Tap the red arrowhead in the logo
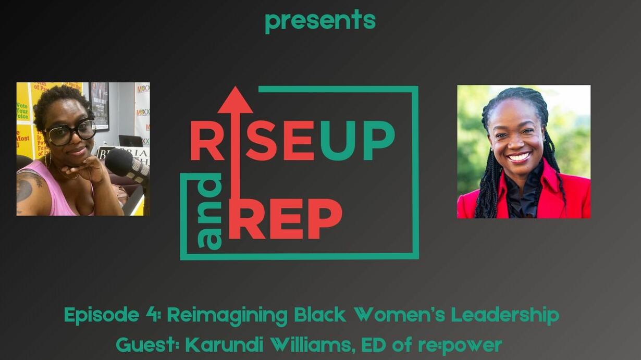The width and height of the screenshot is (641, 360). [x=235, y=100]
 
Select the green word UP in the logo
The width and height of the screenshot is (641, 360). [x=358, y=141]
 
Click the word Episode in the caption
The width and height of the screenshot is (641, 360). [x=102, y=315]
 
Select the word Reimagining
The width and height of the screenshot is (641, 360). [x=227, y=316]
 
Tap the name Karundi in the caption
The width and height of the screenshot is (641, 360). [x=225, y=345]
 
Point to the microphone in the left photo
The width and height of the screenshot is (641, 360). [x=126, y=164]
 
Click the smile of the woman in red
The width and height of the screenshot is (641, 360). [x=519, y=157]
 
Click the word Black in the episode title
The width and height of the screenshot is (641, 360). [x=320, y=315]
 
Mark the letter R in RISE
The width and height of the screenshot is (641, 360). [x=206, y=141]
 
